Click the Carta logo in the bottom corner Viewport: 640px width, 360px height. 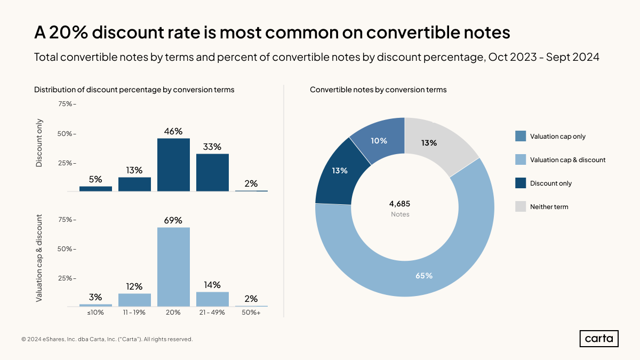tap(599, 339)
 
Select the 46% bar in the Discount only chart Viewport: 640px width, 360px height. tap(173, 165)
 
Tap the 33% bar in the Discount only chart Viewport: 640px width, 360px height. tap(212, 172)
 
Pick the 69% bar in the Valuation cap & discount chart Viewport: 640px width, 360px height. tap(173, 267)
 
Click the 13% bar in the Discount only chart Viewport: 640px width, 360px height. tap(134, 184)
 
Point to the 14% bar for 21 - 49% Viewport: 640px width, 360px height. tap(212, 299)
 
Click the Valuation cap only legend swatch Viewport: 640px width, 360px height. tap(521, 137)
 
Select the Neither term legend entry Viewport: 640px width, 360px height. tap(549, 207)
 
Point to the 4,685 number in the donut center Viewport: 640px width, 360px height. tap(399, 204)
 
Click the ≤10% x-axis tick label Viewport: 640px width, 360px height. tap(95, 313)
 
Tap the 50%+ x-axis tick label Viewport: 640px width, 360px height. tap(251, 313)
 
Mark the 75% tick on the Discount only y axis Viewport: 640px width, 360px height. tap(67, 104)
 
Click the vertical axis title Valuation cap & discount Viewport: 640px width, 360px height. tap(39, 259)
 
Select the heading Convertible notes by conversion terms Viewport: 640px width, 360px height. tap(378, 90)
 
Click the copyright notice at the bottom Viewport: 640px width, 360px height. tap(107, 339)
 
